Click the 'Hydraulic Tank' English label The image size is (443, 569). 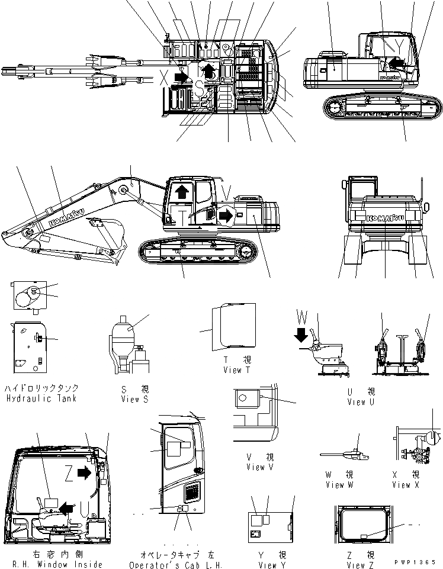tap(41, 398)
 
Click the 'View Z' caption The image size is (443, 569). tap(360, 565)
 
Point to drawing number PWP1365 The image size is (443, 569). tap(418, 561)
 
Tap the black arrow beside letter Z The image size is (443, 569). tap(85, 472)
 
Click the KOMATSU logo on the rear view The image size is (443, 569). tap(385, 218)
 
